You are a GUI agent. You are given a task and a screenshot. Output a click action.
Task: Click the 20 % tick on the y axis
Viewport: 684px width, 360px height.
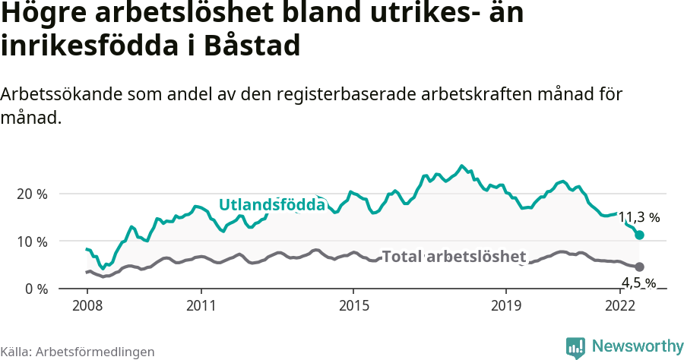pyautogui.click(x=32, y=194)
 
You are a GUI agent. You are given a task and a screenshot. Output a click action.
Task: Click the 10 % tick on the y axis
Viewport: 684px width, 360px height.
pyautogui.click(x=32, y=242)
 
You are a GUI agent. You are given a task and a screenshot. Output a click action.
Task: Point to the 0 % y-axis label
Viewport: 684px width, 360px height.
pyautogui.click(x=36, y=289)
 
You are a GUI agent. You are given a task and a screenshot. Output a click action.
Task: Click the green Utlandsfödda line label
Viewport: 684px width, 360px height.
pyautogui.click(x=272, y=204)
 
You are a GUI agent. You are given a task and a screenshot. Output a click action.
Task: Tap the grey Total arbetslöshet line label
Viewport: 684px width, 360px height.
pyautogui.click(x=454, y=256)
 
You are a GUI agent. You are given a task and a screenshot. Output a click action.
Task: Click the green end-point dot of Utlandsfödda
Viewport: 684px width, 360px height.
pyautogui.click(x=639, y=235)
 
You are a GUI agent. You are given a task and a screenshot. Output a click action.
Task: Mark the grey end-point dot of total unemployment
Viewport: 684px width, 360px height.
pyautogui.click(x=639, y=267)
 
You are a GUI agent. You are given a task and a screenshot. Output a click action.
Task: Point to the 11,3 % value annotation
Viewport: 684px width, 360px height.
pyautogui.click(x=638, y=217)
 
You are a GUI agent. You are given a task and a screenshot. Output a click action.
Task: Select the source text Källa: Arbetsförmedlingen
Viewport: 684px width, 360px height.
pyautogui.click(x=78, y=352)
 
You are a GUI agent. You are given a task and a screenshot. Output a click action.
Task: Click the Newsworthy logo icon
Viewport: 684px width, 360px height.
pyautogui.click(x=575, y=347)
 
